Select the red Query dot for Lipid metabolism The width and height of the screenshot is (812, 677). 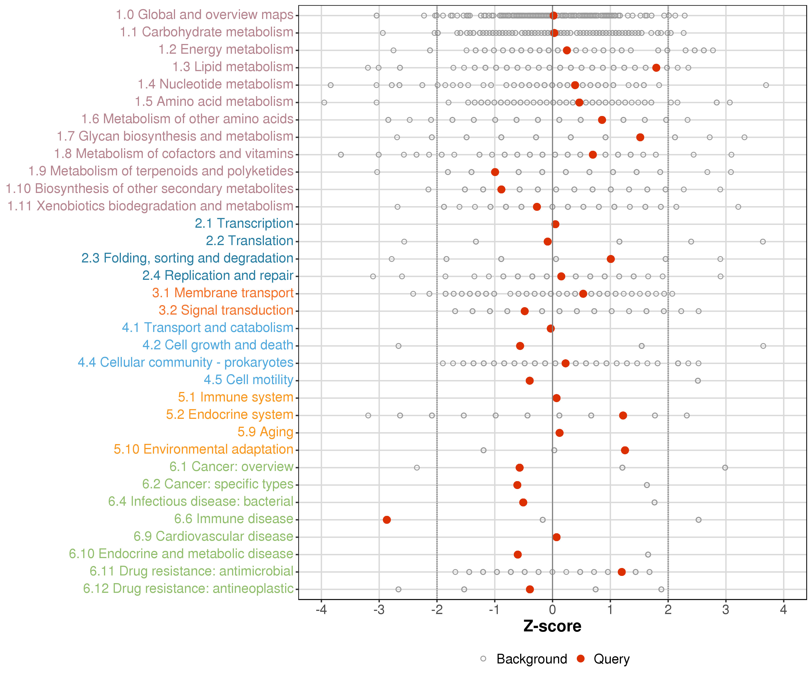click(x=656, y=68)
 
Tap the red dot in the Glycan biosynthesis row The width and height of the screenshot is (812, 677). click(x=640, y=137)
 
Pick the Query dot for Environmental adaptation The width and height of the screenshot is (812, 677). click(x=625, y=450)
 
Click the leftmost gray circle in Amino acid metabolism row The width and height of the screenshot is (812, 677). click(x=324, y=102)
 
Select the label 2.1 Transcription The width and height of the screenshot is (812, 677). click(x=244, y=224)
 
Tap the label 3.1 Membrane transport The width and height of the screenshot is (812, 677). click(x=223, y=293)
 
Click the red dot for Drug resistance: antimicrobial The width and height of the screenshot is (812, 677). click(x=621, y=572)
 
